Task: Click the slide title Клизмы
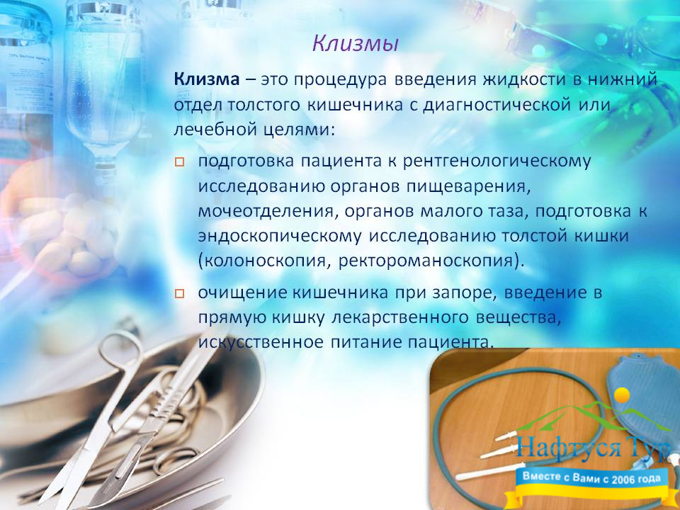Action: pos(355,44)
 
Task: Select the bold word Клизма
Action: pos(206,79)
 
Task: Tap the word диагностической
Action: pos(497,105)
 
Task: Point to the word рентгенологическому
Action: pos(497,161)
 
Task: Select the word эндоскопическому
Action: pos(280,237)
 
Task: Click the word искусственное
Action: pos(261,342)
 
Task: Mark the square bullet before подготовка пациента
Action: pos(179,162)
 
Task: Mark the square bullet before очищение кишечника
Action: pos(179,293)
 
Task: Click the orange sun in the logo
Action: pos(622,395)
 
